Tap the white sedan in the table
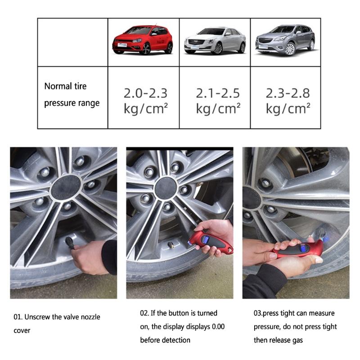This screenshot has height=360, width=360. [x=215, y=40]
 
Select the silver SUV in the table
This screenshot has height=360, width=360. [x=285, y=40]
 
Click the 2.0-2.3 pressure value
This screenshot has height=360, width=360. [x=145, y=94]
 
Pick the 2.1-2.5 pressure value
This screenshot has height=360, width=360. [x=218, y=94]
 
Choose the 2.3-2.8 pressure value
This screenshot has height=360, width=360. [x=288, y=94]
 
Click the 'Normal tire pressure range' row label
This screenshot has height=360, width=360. [x=72, y=94]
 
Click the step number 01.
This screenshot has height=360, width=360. [x=17, y=317]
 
